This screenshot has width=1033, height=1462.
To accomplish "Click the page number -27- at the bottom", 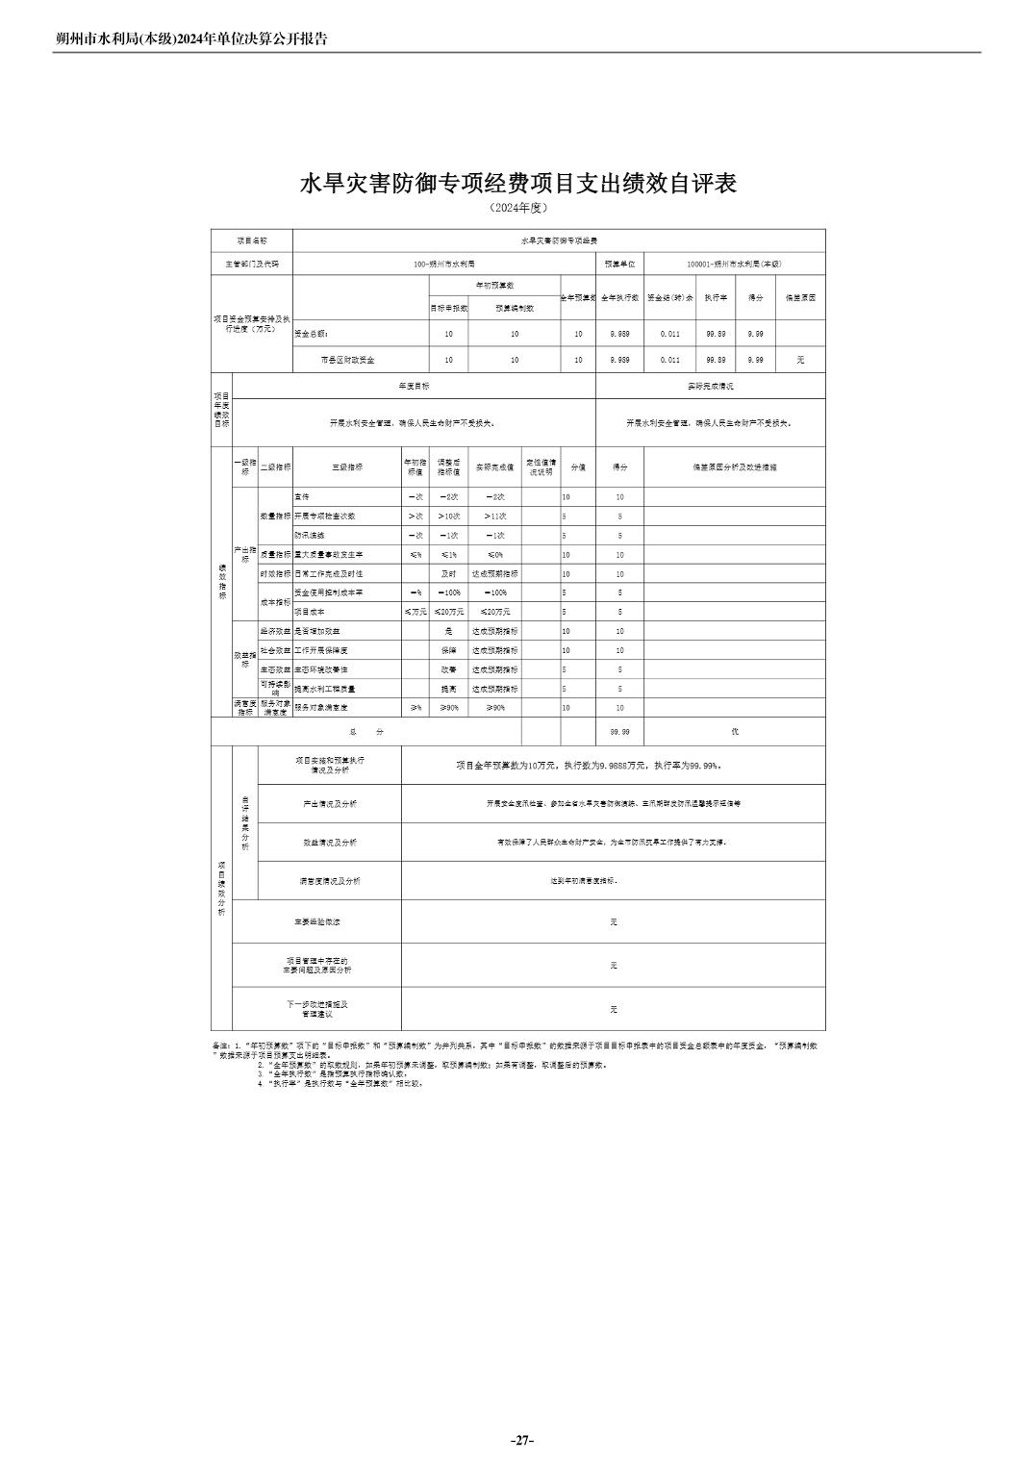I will (521, 1440).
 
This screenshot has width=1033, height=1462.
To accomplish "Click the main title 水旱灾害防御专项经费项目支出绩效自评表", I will (518, 184).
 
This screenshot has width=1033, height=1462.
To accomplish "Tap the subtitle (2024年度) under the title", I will (518, 208).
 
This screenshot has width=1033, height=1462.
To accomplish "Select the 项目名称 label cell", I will (251, 240).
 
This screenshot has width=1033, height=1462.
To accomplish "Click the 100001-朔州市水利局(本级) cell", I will (735, 264).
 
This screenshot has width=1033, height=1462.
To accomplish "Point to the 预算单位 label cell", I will (619, 264).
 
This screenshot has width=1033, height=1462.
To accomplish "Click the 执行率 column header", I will (713, 298).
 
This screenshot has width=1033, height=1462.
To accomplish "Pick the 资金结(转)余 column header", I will (669, 298).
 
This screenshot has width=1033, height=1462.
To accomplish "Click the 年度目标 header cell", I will (414, 386).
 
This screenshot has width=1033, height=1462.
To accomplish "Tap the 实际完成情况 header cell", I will (710, 386).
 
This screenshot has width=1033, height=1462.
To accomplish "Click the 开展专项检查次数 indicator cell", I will (324, 517).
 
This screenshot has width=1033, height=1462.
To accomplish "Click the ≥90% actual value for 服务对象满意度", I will (494, 708).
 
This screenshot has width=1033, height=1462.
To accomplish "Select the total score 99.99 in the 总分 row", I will (619, 732).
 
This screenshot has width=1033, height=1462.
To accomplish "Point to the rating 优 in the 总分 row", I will (734, 732).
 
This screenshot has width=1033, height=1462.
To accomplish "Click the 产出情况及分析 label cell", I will (329, 803).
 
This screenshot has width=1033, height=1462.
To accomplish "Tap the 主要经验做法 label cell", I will (316, 921).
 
